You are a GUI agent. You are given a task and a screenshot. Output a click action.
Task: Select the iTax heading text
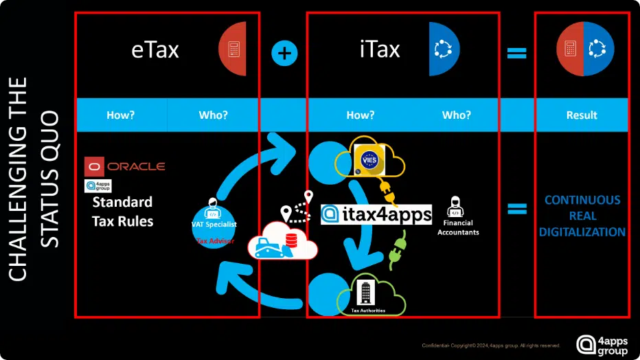379,49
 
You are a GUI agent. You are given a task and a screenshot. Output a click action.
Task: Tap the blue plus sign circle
284,54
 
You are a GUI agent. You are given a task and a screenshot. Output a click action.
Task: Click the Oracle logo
125,166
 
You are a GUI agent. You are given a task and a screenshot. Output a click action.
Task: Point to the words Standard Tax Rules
122,212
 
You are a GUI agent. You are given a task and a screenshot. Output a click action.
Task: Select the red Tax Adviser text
215,241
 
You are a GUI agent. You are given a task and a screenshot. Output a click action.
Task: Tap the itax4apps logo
376,214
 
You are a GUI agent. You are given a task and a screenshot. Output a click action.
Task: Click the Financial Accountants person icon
454,206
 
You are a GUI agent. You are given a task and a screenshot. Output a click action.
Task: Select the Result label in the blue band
582,115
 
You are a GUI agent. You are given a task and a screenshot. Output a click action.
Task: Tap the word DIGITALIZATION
582,232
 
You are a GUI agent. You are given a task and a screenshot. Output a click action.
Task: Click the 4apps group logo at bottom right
602,345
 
